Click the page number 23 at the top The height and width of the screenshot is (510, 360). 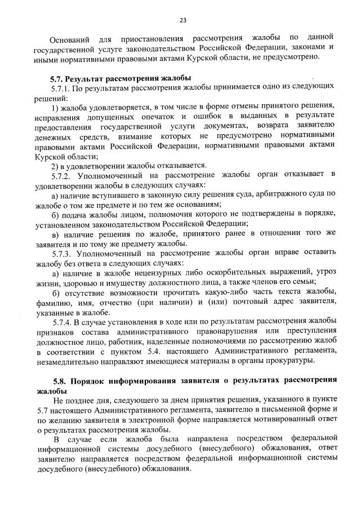point(183,21)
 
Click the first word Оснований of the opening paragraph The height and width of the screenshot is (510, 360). point(69,39)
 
